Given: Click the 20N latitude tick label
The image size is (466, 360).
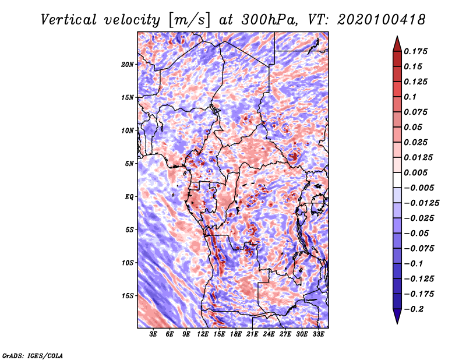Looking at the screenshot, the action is click(x=128, y=65).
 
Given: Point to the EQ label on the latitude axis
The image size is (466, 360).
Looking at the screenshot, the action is click(x=129, y=197).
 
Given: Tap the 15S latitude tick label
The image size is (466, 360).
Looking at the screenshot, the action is click(x=128, y=296).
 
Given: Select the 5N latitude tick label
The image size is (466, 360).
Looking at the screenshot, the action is click(x=129, y=164).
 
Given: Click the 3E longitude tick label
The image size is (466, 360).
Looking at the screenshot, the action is click(x=153, y=334).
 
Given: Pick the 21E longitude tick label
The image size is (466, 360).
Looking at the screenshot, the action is click(x=252, y=334).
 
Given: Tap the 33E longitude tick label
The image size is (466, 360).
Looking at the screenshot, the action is click(x=318, y=334).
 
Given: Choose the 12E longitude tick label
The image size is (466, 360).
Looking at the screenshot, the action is click(x=203, y=334).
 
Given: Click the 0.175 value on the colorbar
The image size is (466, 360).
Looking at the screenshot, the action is click(x=415, y=51).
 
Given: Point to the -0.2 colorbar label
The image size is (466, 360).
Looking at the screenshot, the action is click(x=414, y=309).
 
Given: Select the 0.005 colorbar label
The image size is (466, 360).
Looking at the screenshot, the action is click(x=415, y=172).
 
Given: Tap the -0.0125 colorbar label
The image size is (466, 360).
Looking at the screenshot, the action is click(x=421, y=203).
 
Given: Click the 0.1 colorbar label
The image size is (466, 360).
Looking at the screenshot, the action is click(x=410, y=97).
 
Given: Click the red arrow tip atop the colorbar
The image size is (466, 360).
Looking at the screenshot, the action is click(x=397, y=36).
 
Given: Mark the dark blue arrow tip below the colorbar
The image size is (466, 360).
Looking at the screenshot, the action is click(x=397, y=324).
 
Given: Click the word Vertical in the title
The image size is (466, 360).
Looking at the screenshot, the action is click(x=69, y=20).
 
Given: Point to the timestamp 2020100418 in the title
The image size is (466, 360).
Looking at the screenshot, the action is click(x=382, y=20).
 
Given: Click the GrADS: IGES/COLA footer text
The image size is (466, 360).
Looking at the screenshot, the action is click(x=33, y=355).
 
